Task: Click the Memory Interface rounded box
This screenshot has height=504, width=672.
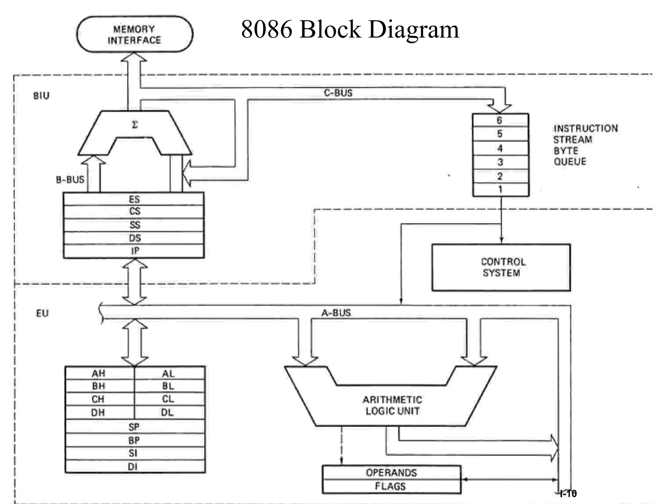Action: (x=135, y=34)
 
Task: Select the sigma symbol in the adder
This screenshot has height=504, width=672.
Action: (x=135, y=125)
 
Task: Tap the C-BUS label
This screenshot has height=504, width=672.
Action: (x=338, y=93)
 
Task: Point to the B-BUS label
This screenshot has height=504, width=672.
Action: (x=70, y=180)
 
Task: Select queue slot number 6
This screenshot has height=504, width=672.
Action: (x=500, y=120)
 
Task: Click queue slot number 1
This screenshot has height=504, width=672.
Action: (x=500, y=190)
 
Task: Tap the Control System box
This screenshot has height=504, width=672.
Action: (x=501, y=267)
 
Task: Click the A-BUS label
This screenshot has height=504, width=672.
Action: (x=336, y=313)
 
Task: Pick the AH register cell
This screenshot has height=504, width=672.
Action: (x=98, y=373)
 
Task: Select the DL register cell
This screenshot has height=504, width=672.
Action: (x=168, y=412)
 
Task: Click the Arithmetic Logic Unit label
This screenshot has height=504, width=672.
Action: (x=392, y=406)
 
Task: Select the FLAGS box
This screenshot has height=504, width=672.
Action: (x=391, y=486)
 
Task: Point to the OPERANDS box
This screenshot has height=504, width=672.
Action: (x=391, y=473)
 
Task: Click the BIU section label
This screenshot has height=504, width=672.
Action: (x=41, y=96)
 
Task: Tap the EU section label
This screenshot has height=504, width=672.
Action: (x=42, y=313)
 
